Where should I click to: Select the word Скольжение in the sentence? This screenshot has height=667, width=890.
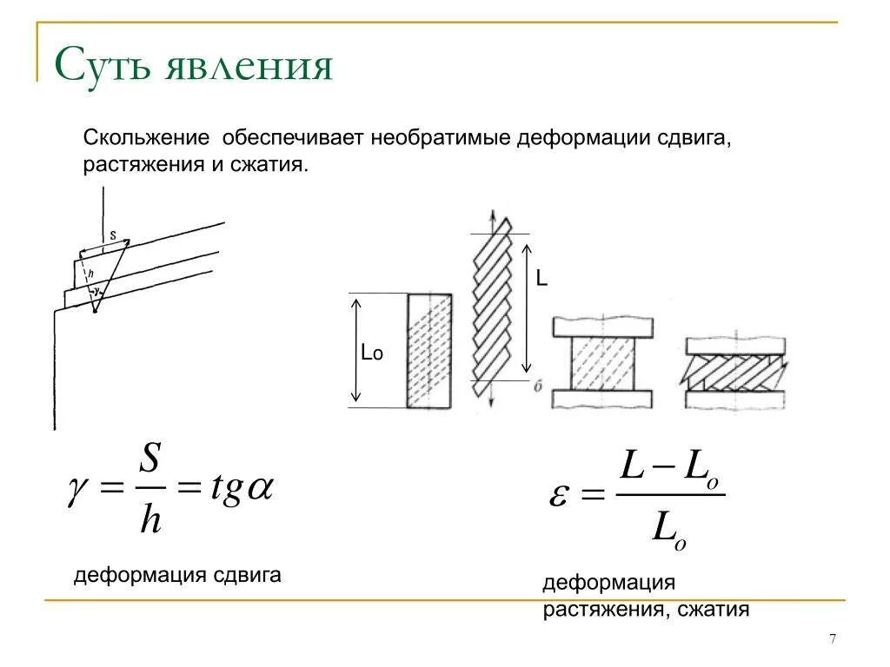146,139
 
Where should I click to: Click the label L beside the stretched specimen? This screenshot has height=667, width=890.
541,279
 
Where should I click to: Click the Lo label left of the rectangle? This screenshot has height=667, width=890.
372,353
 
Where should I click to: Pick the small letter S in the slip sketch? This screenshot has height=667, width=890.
113,235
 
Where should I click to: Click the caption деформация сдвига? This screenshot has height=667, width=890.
177,575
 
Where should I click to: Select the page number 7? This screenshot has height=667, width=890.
833,639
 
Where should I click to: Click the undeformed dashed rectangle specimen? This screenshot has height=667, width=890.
429,351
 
